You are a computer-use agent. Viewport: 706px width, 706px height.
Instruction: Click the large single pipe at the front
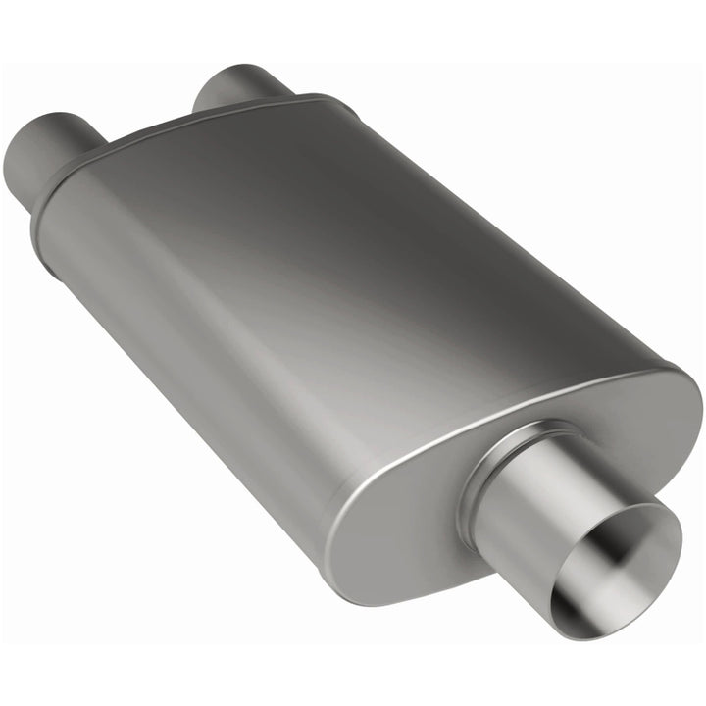tap(549, 510)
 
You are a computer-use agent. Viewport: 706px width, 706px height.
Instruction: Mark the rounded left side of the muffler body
tap(147, 324)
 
